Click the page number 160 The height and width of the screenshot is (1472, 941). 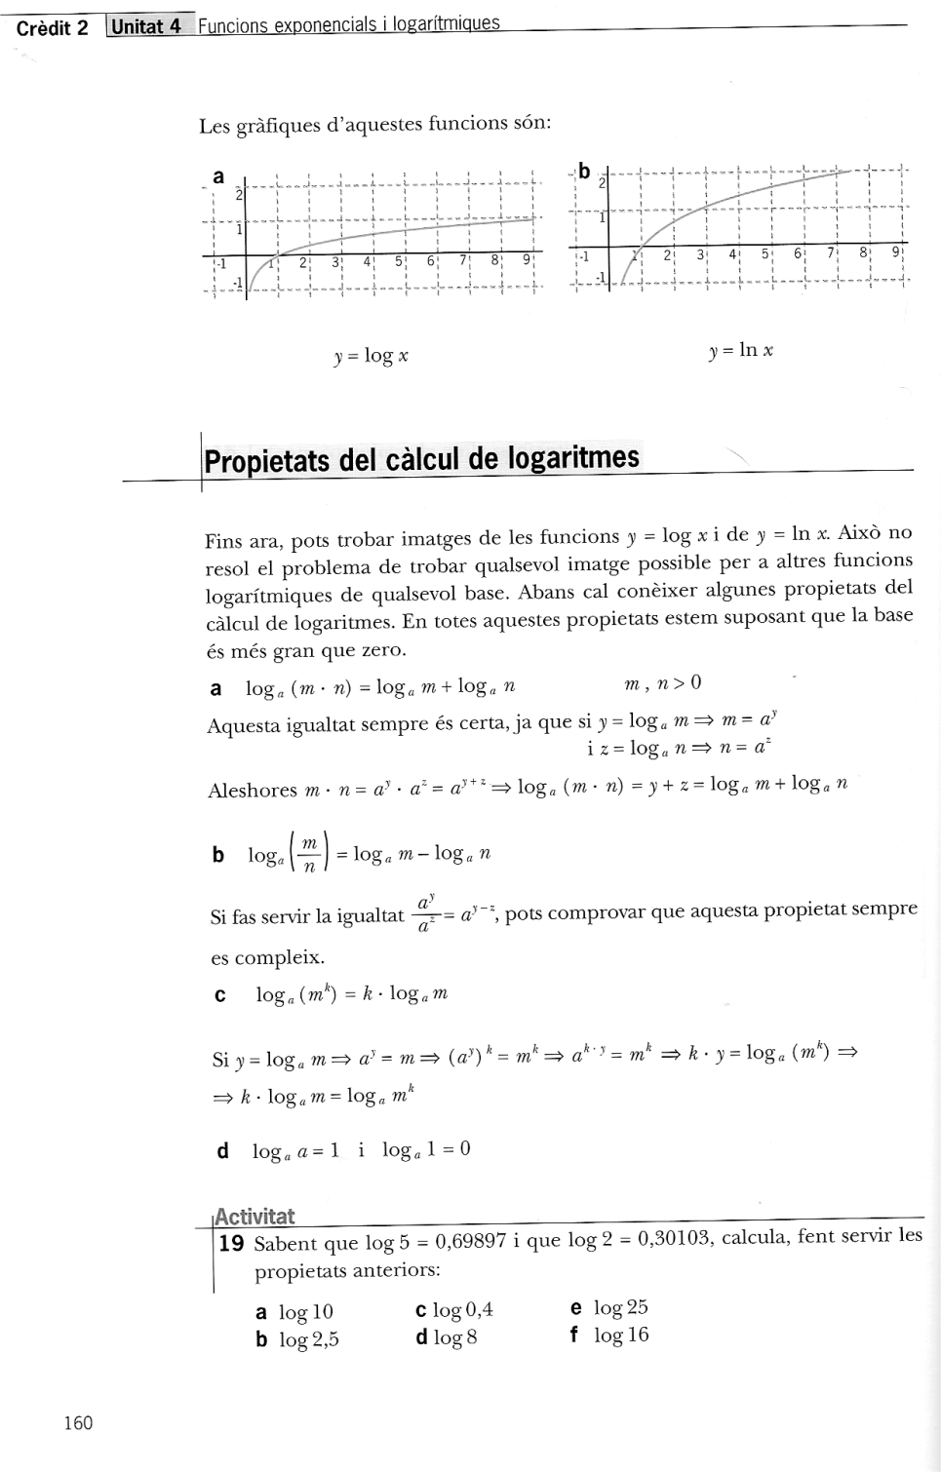click(78, 1423)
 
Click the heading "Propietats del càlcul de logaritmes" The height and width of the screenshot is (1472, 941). click(422, 458)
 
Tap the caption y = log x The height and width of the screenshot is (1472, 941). click(371, 356)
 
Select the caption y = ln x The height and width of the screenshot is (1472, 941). click(741, 350)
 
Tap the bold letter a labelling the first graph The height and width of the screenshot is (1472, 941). click(218, 176)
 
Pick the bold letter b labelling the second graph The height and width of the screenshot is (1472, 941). click(584, 172)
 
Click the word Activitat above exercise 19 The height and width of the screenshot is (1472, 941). click(255, 1216)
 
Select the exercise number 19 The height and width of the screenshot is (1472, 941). click(232, 1243)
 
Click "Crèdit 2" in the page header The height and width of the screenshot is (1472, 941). click(53, 28)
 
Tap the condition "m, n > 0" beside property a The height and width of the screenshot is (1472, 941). click(663, 683)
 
